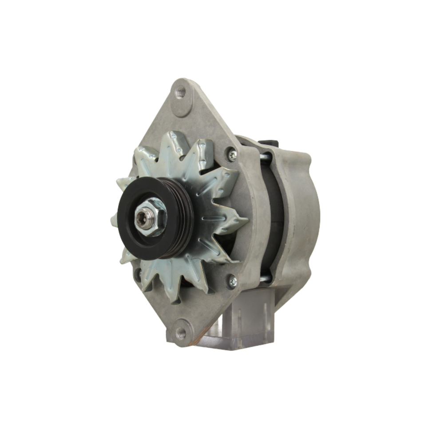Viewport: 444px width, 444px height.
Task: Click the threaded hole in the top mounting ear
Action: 181,93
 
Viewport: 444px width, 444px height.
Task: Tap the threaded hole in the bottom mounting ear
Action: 181,333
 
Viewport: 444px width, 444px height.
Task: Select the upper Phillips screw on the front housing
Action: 232,154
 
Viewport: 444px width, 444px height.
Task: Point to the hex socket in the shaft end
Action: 143,218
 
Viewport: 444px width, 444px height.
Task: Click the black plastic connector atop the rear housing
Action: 269,143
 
